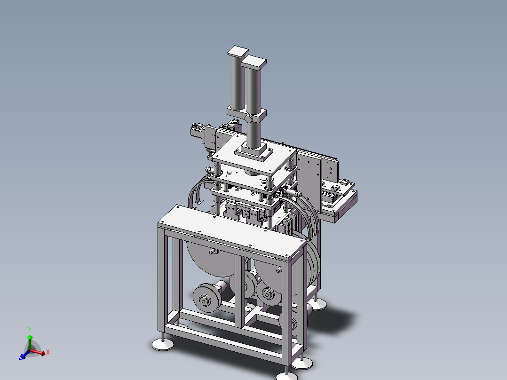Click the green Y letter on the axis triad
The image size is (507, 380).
[30, 330]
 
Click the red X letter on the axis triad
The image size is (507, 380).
[48, 352]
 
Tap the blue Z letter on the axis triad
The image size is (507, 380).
[20, 356]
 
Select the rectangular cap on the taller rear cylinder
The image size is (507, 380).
[238, 52]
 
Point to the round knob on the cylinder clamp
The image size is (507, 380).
[248, 119]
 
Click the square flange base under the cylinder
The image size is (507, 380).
[254, 152]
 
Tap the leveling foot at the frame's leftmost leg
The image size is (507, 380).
[163, 344]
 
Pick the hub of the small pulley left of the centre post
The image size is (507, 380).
[204, 301]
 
